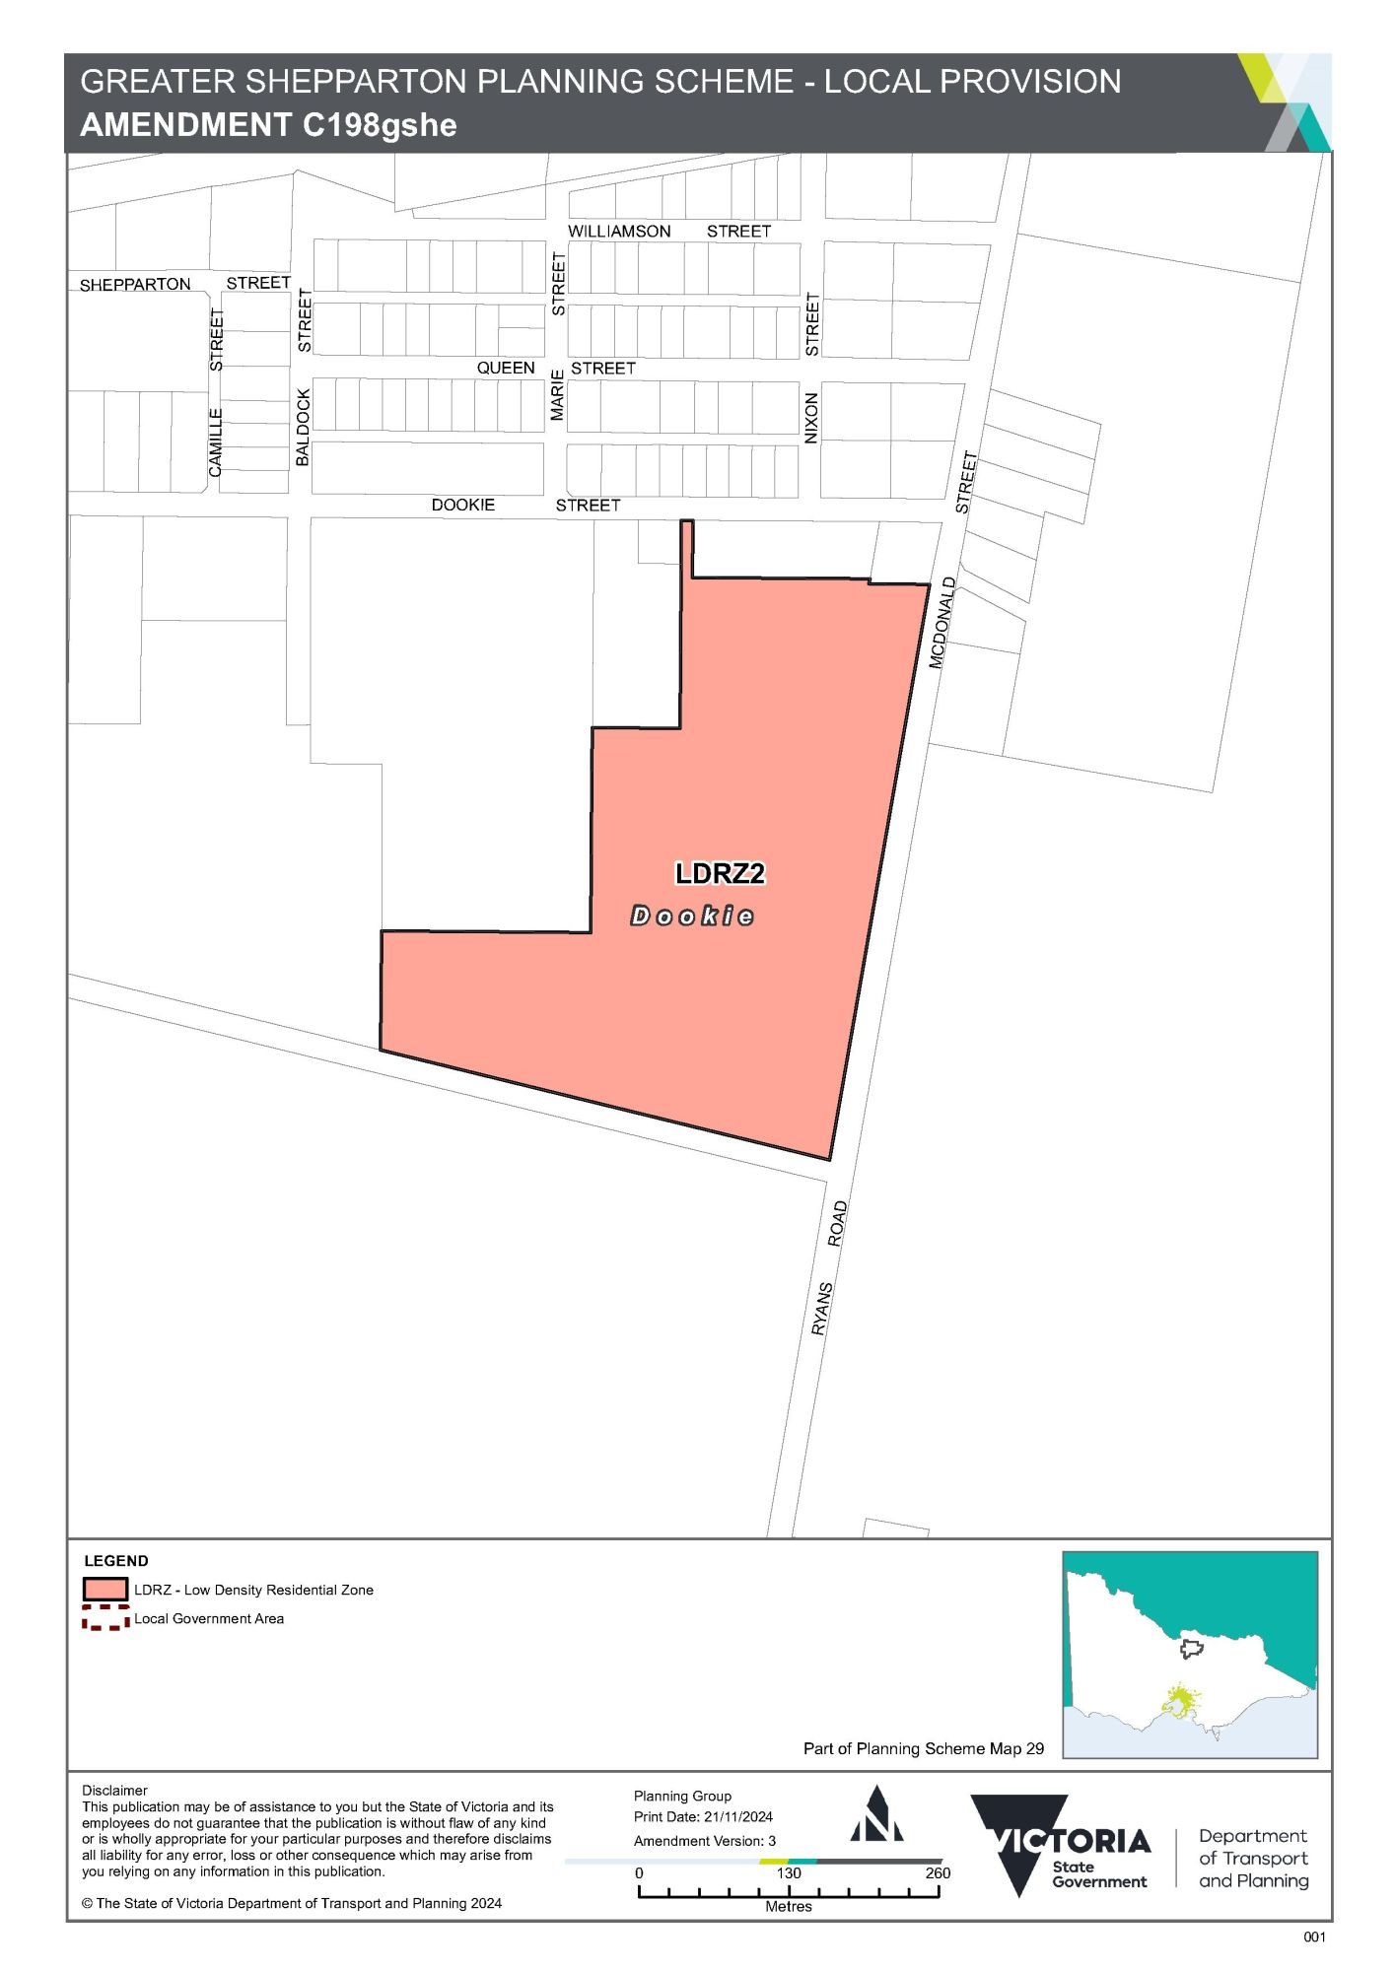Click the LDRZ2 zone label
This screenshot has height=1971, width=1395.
(x=720, y=873)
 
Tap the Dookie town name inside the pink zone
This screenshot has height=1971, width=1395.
(x=692, y=917)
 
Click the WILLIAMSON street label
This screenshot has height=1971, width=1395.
(x=619, y=231)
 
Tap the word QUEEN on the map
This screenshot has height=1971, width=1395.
(x=506, y=368)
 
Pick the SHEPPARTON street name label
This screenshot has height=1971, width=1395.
(x=135, y=285)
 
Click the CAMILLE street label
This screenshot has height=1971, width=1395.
(x=216, y=442)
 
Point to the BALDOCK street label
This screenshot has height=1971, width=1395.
(x=304, y=427)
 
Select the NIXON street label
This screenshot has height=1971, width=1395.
(x=811, y=418)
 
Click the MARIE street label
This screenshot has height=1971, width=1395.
(x=558, y=395)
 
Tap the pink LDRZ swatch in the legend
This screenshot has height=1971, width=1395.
(x=105, y=1590)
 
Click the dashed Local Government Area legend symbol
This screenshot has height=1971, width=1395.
(x=105, y=1618)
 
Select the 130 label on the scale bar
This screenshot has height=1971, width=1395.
(x=789, y=1872)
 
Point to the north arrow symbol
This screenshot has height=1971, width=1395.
(x=876, y=1814)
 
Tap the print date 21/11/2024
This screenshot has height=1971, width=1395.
(x=737, y=1816)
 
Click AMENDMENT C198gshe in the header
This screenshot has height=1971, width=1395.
(x=268, y=125)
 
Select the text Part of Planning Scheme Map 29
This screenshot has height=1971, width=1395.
(x=923, y=1748)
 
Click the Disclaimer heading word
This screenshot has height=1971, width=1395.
(x=114, y=1790)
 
